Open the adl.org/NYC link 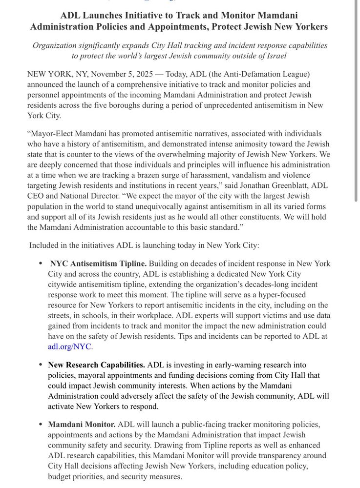pyautogui.click(x=70, y=346)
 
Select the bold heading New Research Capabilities pyautogui.click(x=96, y=365)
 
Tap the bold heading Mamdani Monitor pyautogui.click(x=82, y=425)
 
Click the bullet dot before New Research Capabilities pyautogui.click(x=40, y=365)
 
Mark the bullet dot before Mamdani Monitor pyautogui.click(x=40, y=425)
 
